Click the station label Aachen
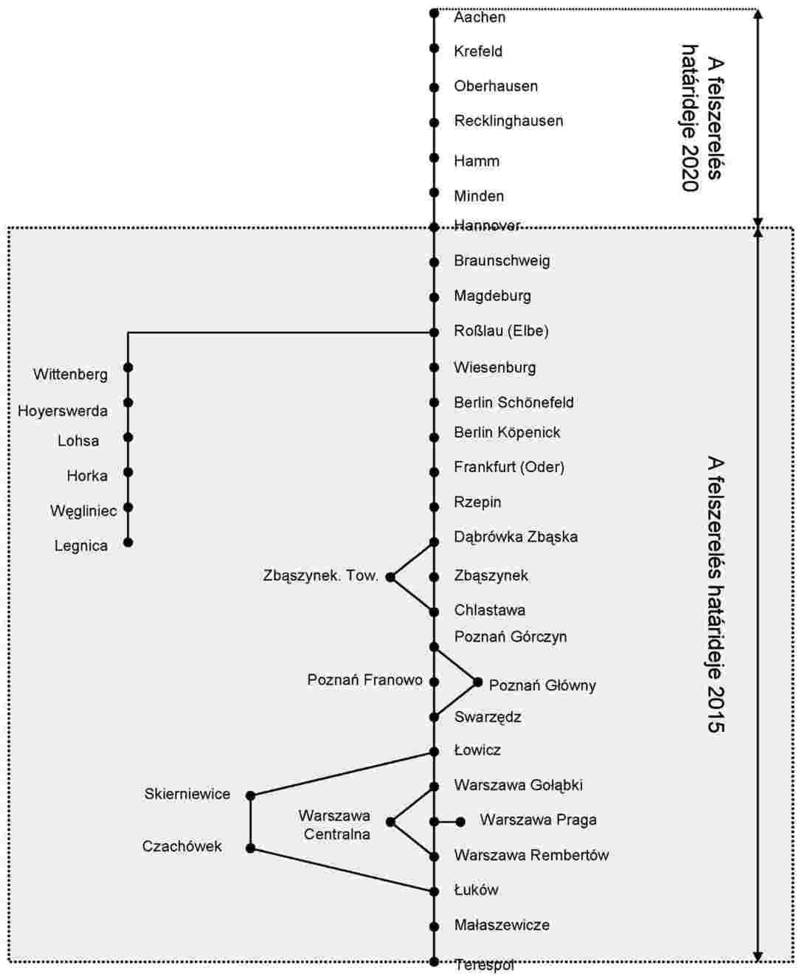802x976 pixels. coord(480,18)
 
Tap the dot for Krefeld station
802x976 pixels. coord(434,48)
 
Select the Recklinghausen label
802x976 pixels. coord(508,121)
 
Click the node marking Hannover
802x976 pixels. coord(434,227)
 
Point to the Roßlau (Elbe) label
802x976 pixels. coord(501,331)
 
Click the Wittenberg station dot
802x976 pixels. coord(128,367)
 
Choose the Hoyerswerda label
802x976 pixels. coord(63,411)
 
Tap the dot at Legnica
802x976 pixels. coord(128,542)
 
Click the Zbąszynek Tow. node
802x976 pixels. coord(390,577)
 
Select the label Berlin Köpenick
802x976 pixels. coord(507,433)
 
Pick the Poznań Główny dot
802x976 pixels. coord(478,682)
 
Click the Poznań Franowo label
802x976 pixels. coord(364,680)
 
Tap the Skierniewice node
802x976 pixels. coord(250,796)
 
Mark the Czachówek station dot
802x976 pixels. coord(250,848)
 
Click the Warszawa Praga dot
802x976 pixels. coord(460,822)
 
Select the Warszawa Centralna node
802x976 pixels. coord(390,822)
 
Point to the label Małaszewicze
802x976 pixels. coord(502,925)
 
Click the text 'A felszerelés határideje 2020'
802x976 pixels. coord(702,118)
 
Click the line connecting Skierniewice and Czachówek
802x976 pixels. coord(250,822)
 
